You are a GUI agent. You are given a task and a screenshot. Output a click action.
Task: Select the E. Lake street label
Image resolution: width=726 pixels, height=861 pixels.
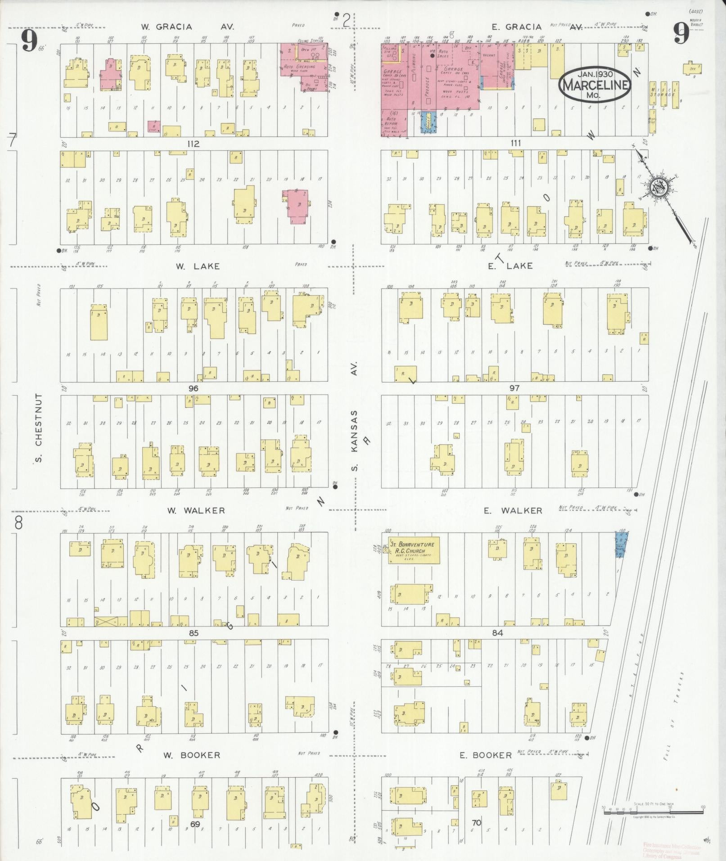(x=511, y=266)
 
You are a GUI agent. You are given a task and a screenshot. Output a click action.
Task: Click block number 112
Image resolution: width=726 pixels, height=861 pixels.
(x=194, y=144)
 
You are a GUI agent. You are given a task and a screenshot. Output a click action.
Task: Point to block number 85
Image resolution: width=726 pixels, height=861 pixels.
(x=194, y=633)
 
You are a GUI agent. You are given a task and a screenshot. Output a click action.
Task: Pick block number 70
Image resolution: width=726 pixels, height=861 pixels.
(x=477, y=823)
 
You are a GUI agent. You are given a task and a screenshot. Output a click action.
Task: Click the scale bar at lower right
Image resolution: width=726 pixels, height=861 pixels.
(x=653, y=810)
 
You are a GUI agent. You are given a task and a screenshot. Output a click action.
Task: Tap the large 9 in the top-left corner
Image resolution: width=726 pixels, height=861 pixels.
(x=28, y=41)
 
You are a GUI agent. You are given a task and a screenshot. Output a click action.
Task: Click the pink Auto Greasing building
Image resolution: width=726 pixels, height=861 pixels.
(x=305, y=67)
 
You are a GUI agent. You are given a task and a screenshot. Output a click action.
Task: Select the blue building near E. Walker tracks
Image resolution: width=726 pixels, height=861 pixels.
(x=622, y=545)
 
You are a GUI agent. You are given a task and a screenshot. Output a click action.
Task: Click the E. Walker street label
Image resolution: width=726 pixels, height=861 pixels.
(x=513, y=510)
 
